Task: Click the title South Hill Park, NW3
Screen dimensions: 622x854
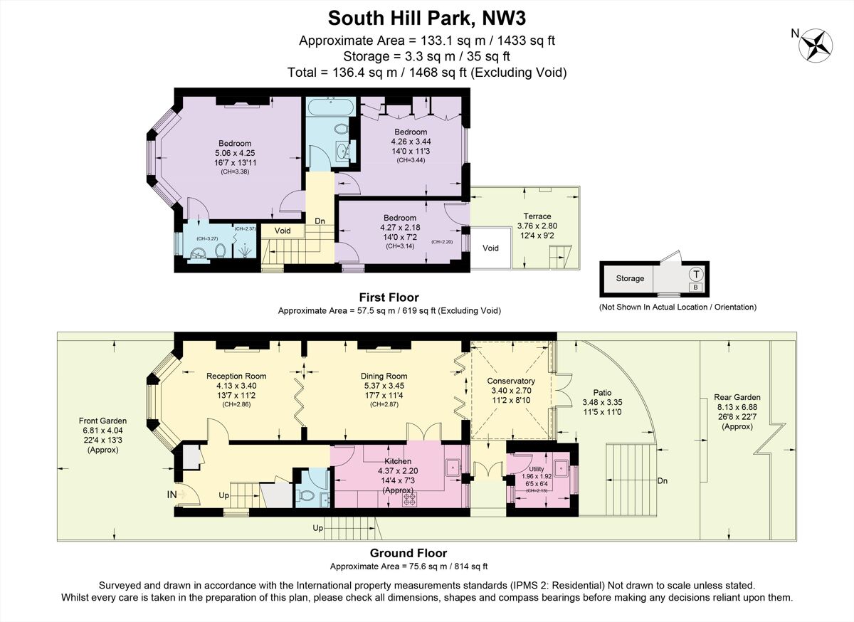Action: coord(427,16)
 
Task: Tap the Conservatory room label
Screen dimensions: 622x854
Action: coord(510,379)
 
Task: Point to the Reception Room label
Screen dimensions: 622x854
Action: coord(236,376)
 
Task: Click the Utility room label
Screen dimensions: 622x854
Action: coord(536,469)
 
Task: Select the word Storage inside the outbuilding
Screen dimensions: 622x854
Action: coord(630,278)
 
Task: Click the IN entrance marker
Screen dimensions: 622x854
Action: coord(172,494)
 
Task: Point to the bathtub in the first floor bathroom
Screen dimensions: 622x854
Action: coord(330,106)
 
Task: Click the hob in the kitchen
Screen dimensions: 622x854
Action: coord(410,499)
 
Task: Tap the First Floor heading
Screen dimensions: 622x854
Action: coord(389,297)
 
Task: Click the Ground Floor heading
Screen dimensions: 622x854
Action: coord(408,553)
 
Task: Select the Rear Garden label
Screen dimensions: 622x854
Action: coord(737,397)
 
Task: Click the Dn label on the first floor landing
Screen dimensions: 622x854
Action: coord(320,221)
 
